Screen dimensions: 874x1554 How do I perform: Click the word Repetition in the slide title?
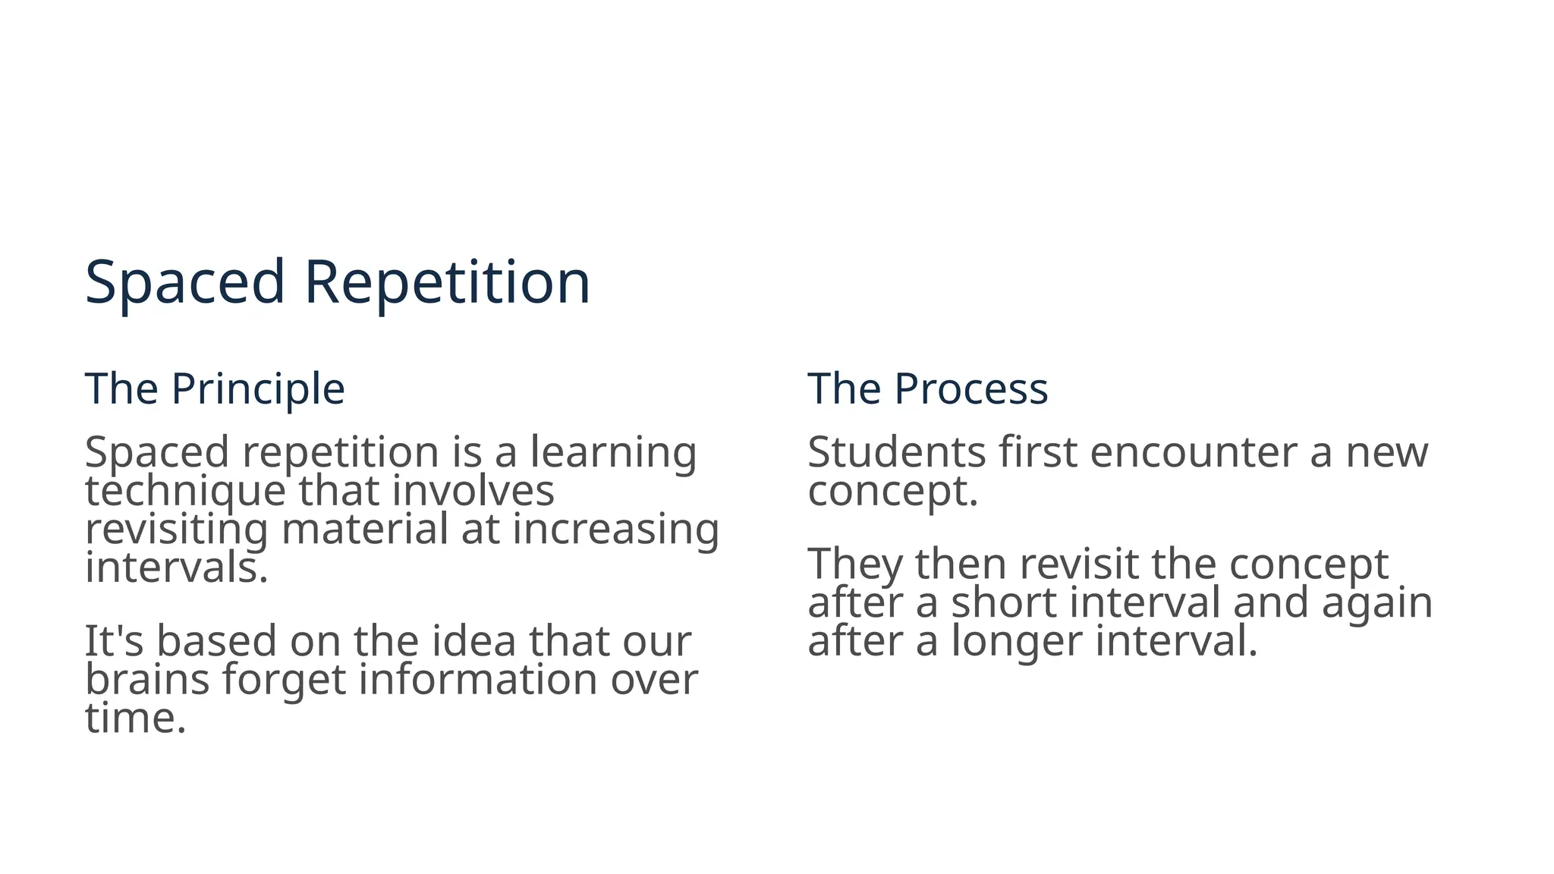pyautogui.click(x=447, y=282)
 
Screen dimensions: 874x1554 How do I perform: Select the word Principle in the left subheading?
pyautogui.click(x=258, y=389)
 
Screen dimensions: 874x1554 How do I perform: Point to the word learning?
pyautogui.click(x=613, y=453)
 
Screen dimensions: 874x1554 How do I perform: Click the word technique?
pyautogui.click(x=185, y=491)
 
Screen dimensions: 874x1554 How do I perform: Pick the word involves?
pyautogui.click(x=473, y=491)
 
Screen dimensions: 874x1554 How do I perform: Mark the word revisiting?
pyautogui.click(x=176, y=529)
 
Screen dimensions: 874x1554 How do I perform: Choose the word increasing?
pyautogui.click(x=615, y=529)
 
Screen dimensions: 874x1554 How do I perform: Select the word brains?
pyautogui.click(x=147, y=679)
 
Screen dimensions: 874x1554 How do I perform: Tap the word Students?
pyautogui.click(x=896, y=453)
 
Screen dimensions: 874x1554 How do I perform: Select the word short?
pyautogui.click(x=1004, y=603)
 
